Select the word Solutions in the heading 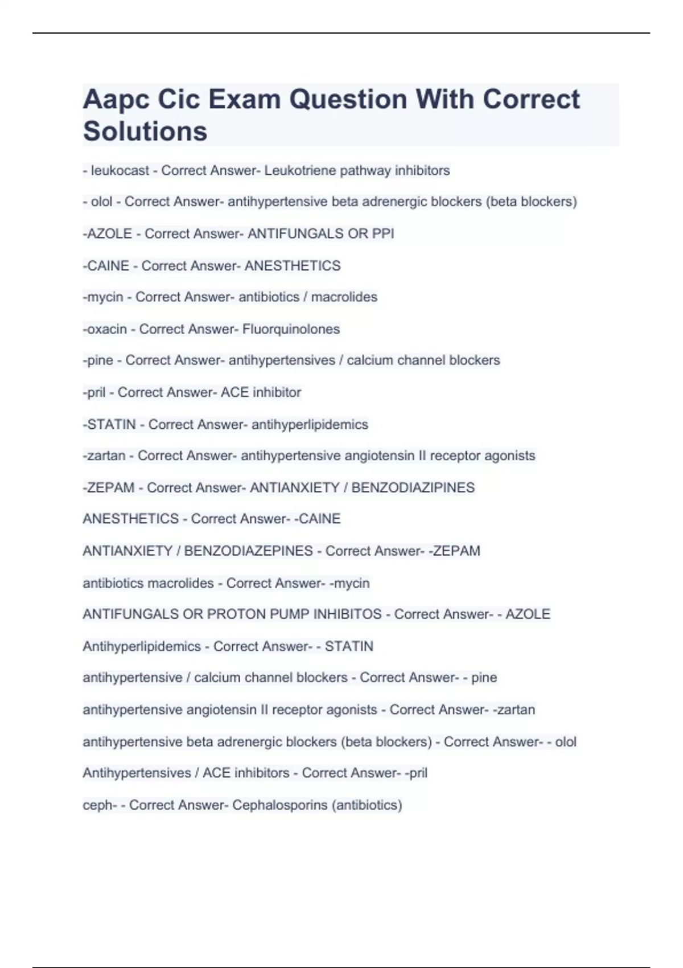[145, 132]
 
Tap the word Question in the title [348, 100]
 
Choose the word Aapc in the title [116, 100]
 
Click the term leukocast [120, 170]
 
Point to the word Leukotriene [300, 170]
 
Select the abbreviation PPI [383, 233]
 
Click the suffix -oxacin [105, 329]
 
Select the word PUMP [290, 614]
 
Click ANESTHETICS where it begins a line [130, 519]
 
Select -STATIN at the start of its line [109, 425]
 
